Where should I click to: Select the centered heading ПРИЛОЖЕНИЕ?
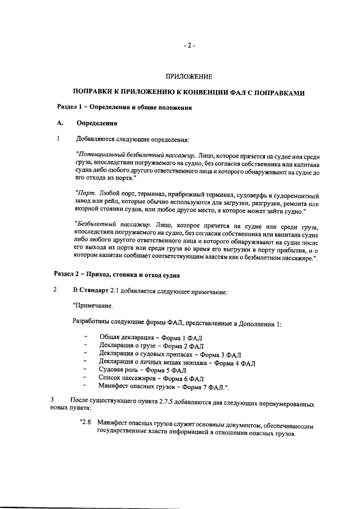[x=189, y=75]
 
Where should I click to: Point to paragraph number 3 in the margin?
[x=51, y=399]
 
